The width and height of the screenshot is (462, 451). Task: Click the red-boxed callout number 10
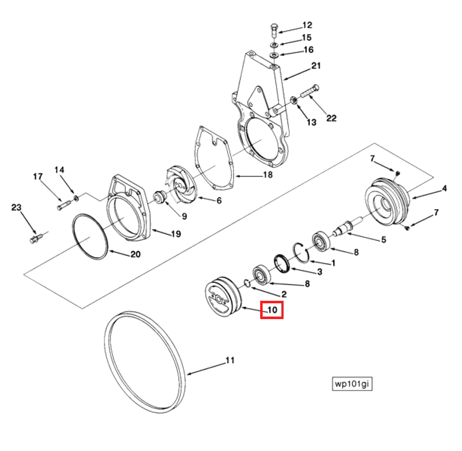(x=272, y=310)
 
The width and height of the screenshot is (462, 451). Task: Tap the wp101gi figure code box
(x=352, y=384)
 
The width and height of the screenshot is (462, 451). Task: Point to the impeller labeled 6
(x=179, y=184)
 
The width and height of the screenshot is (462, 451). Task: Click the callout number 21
(x=316, y=66)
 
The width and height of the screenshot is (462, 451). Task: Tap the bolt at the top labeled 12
(x=274, y=31)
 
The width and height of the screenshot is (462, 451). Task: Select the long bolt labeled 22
(x=309, y=91)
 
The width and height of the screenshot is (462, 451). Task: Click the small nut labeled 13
(x=294, y=100)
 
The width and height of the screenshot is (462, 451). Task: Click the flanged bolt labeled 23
(x=36, y=238)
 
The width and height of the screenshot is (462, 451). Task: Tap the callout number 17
(x=38, y=177)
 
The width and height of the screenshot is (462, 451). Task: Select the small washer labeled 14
(x=77, y=198)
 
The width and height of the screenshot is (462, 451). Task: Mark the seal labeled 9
(x=160, y=197)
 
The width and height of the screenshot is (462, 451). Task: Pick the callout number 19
(x=176, y=234)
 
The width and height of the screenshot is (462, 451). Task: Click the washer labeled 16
(x=274, y=55)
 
